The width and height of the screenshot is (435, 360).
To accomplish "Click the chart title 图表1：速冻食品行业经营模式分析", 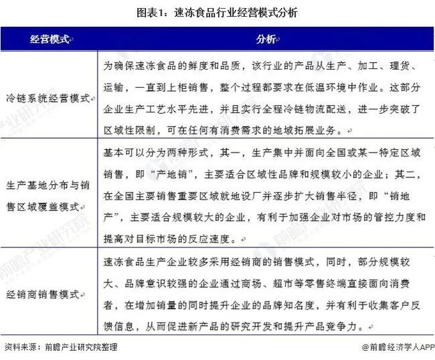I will [217, 13].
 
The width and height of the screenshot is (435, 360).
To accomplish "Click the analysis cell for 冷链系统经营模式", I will [265, 98].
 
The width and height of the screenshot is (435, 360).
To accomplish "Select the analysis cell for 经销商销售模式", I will [265, 294].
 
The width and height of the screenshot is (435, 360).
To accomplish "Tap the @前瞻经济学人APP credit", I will [394, 347].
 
